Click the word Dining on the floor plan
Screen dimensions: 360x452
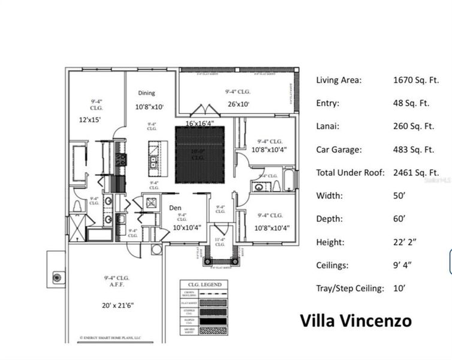click(147, 93)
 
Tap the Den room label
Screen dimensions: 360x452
click(175, 208)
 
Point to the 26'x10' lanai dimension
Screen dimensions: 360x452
click(237, 104)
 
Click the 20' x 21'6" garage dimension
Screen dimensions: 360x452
click(118, 305)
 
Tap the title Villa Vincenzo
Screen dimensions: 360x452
click(355, 320)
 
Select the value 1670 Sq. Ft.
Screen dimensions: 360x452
click(413, 80)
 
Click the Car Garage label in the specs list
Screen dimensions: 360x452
click(339, 149)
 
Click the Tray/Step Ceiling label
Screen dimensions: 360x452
click(350, 289)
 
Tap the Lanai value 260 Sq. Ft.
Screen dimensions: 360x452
click(413, 126)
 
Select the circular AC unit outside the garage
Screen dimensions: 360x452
click(58, 277)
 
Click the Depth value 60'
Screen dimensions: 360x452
click(400, 219)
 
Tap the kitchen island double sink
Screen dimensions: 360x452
click(154, 161)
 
